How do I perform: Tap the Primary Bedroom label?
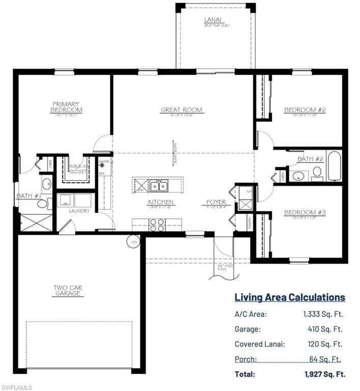66,107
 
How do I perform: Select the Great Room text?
181,109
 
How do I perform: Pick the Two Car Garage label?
68,290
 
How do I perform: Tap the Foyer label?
216,202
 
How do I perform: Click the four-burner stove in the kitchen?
156,222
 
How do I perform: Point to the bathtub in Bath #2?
335,166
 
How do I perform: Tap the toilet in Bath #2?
317,173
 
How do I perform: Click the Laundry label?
78,211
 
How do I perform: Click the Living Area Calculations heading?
289,297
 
